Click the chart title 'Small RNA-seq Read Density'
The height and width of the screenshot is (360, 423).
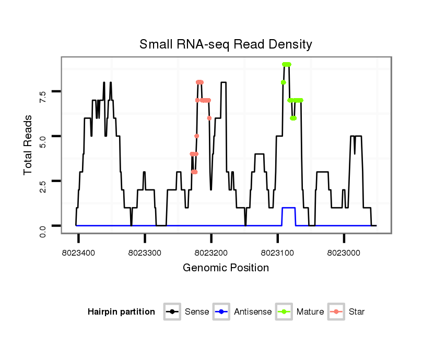(226, 44)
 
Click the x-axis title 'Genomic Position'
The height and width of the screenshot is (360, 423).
(226, 268)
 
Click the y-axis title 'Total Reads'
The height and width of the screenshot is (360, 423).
(28, 145)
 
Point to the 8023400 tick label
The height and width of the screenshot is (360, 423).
(78, 252)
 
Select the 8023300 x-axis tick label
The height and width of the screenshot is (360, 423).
(145, 252)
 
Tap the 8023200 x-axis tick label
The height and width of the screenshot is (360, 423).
(211, 252)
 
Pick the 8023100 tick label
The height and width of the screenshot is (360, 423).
(277, 252)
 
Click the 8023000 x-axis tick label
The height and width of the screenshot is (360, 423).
(344, 252)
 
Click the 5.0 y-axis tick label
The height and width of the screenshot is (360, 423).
(43, 137)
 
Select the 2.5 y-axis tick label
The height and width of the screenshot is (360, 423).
(43, 181)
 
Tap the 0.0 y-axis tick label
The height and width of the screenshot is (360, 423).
(43, 226)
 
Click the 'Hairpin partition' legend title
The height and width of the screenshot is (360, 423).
(121, 312)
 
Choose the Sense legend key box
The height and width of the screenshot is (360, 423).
(172, 312)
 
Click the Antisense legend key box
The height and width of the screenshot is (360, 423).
(221, 312)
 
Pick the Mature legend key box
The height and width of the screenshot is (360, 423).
(284, 312)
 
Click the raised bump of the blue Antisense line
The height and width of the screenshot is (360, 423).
(289, 208)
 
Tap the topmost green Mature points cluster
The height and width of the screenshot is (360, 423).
(286, 64)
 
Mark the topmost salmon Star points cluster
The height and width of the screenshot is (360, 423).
(199, 82)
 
